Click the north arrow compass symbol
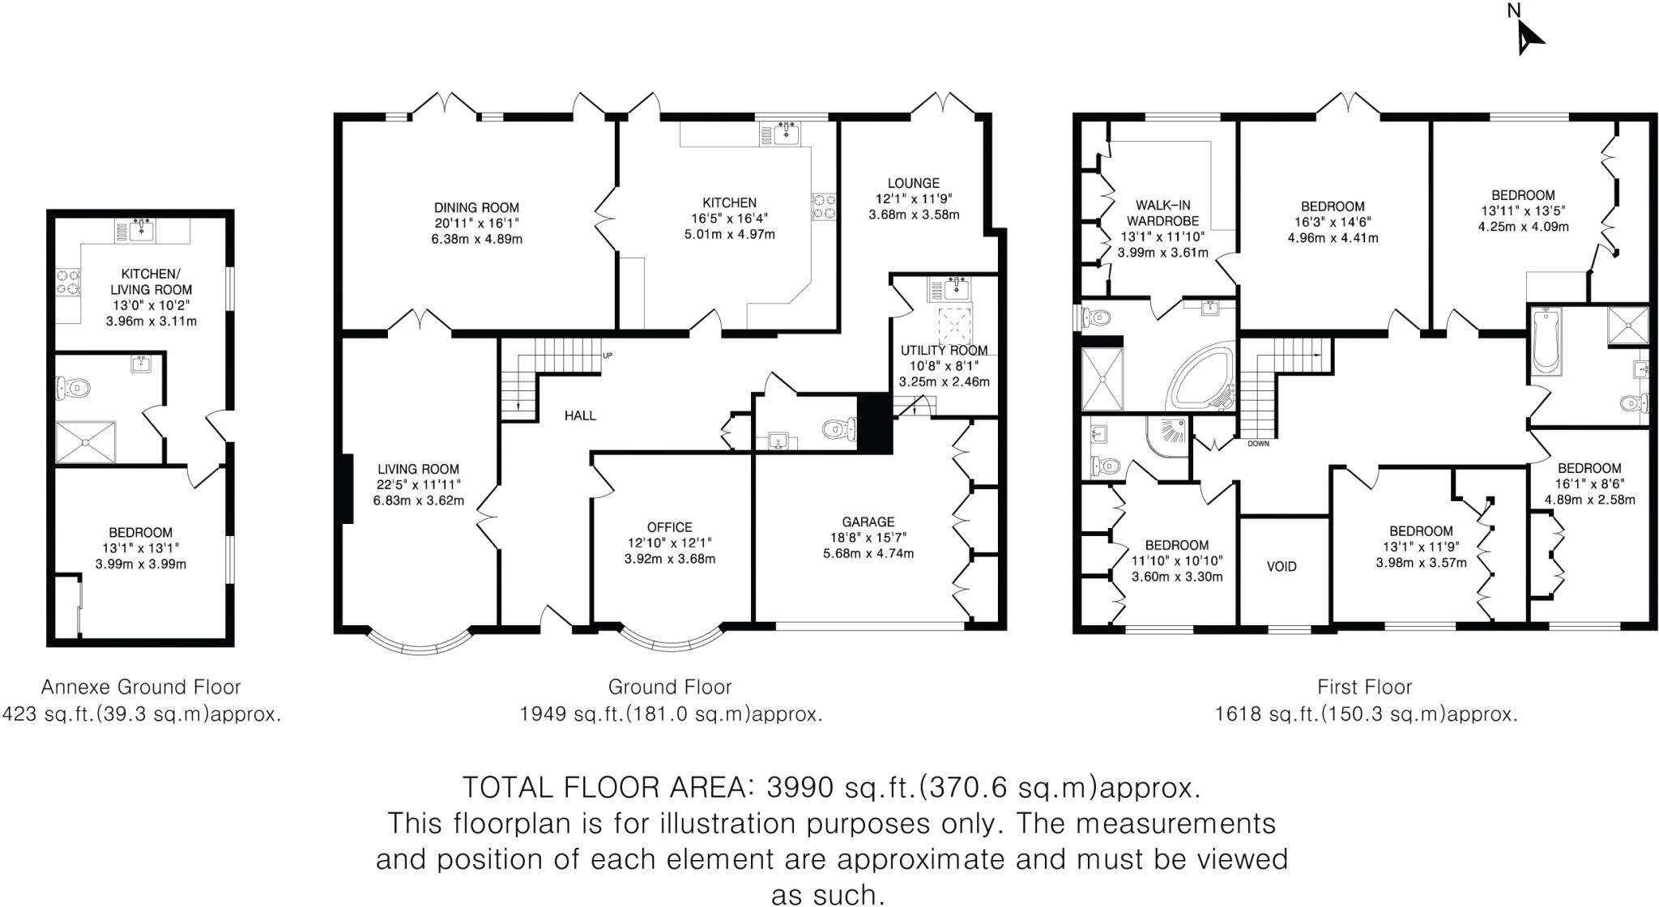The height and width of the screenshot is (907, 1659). [1527, 36]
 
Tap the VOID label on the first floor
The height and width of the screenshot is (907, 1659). [1282, 567]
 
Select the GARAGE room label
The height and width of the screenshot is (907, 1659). [868, 522]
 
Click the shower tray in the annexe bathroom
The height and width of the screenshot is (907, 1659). [85, 441]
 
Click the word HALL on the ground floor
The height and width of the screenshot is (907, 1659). [580, 415]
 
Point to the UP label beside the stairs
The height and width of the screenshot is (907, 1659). [608, 356]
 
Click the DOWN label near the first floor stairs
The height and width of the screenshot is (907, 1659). [1258, 444]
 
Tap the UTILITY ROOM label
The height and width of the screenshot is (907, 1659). [944, 351]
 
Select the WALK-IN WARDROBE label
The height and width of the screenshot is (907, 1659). [1162, 213]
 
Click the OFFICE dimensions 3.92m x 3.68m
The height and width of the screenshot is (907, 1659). [670, 559]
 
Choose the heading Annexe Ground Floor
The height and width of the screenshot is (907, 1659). [141, 688]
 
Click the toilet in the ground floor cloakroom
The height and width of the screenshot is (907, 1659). [836, 428]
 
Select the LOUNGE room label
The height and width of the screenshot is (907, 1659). [913, 184]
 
